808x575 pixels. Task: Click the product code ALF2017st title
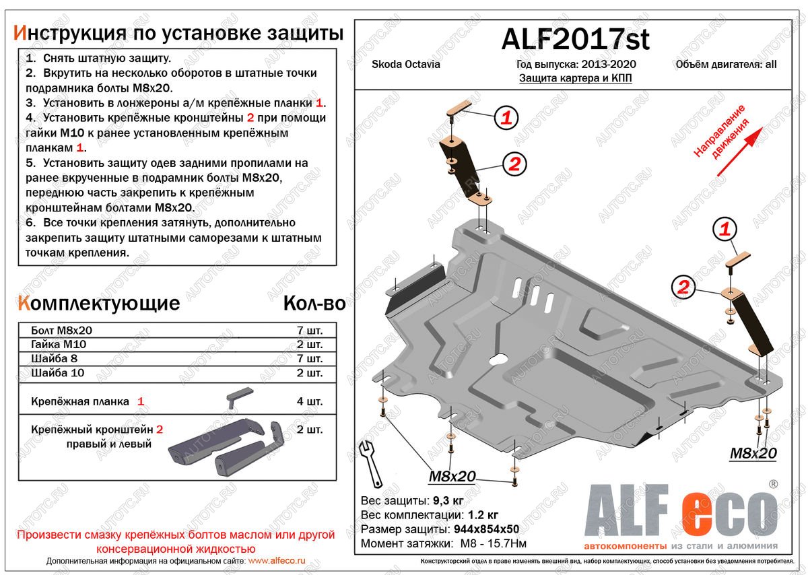[x=575, y=40]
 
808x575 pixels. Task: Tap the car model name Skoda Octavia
[x=406, y=65]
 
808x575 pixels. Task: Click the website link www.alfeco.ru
[x=277, y=560]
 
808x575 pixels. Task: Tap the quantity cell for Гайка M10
[x=309, y=345]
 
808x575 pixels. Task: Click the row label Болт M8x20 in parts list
[x=61, y=331]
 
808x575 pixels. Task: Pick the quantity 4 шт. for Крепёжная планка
[x=309, y=401]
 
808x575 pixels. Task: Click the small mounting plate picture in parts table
[x=238, y=397]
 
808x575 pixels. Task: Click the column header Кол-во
[x=314, y=304]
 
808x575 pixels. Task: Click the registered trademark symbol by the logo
[x=773, y=484]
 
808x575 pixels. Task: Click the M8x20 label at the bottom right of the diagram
[x=753, y=454]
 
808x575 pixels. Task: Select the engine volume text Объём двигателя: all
[x=725, y=65]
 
